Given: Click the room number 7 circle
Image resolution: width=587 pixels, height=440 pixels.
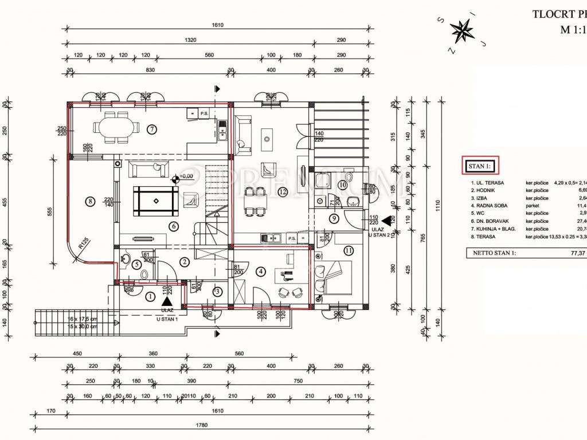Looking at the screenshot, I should click(151, 129).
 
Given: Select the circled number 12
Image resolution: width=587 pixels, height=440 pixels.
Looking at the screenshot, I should click(282, 192).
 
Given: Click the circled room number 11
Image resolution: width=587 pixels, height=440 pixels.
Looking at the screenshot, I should click(349, 250).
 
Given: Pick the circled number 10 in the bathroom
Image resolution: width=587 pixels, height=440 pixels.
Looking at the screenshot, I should click(342, 184).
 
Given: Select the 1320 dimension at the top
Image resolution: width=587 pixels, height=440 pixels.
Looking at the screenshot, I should click(191, 40).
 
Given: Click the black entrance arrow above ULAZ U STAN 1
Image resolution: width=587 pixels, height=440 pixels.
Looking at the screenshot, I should click(167, 301).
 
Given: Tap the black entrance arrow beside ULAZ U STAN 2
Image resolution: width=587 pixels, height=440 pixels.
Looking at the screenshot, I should click(388, 219).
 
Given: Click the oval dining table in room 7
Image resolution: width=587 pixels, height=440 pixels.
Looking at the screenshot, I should click(116, 129).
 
